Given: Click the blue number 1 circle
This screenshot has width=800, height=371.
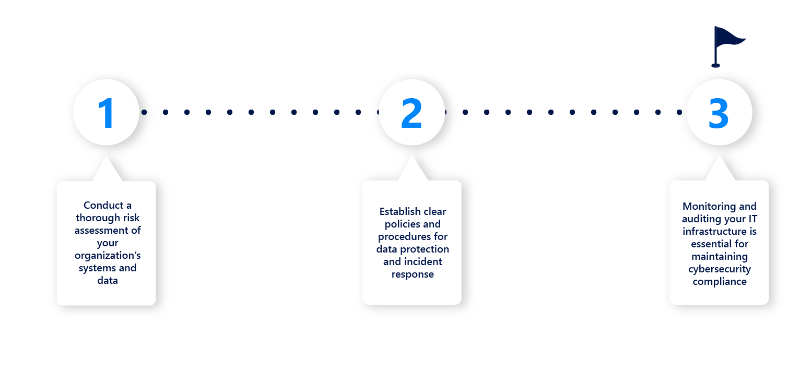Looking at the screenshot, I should point(107,112).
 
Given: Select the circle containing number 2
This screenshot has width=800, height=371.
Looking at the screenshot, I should point(411,112).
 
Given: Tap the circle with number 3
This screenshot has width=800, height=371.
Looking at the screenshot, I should point(719,112).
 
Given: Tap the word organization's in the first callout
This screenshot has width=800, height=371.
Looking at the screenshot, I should point(108,256).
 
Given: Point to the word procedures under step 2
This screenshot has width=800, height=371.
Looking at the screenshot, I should point(405,237).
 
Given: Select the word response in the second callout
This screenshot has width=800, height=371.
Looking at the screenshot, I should point(413,274).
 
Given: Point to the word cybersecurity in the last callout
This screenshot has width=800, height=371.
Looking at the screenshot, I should point(720,269).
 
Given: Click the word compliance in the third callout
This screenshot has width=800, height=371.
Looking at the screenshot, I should point(720,282).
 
